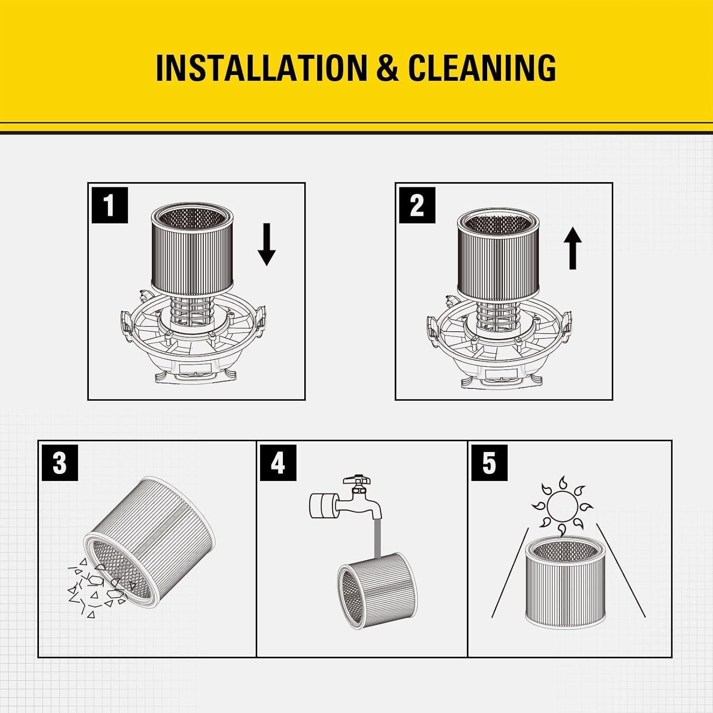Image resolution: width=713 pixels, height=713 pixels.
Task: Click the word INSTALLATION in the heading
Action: [261, 67]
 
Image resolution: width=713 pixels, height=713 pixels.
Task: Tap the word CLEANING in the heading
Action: [482, 67]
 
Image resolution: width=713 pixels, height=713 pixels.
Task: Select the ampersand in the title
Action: [387, 67]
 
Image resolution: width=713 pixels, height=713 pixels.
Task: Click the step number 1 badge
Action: [110, 205]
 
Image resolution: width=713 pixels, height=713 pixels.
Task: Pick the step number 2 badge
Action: [417, 205]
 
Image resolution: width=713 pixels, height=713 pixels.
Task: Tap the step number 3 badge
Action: [60, 463]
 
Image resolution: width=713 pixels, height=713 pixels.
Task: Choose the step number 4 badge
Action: [278, 463]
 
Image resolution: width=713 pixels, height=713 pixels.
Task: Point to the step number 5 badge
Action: [489, 463]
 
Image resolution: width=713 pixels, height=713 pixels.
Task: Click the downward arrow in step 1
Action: [267, 244]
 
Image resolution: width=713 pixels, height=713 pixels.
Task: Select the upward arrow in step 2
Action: [573, 248]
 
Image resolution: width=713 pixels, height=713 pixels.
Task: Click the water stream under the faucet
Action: [378, 538]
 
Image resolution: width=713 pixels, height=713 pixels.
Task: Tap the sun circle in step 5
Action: [561, 506]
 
